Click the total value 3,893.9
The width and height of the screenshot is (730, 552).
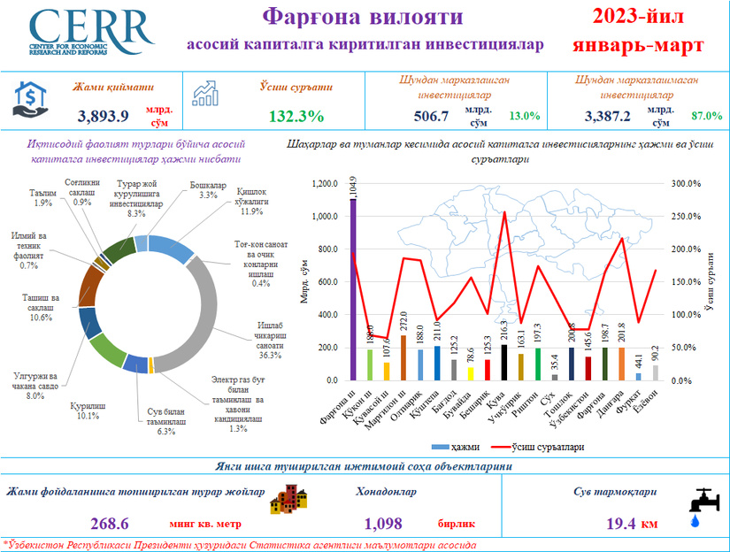tap(104, 116)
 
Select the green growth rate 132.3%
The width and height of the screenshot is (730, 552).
tap(296, 116)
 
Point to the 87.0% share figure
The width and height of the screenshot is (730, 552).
tap(707, 116)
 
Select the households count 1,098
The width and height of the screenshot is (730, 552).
tap(383, 523)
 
